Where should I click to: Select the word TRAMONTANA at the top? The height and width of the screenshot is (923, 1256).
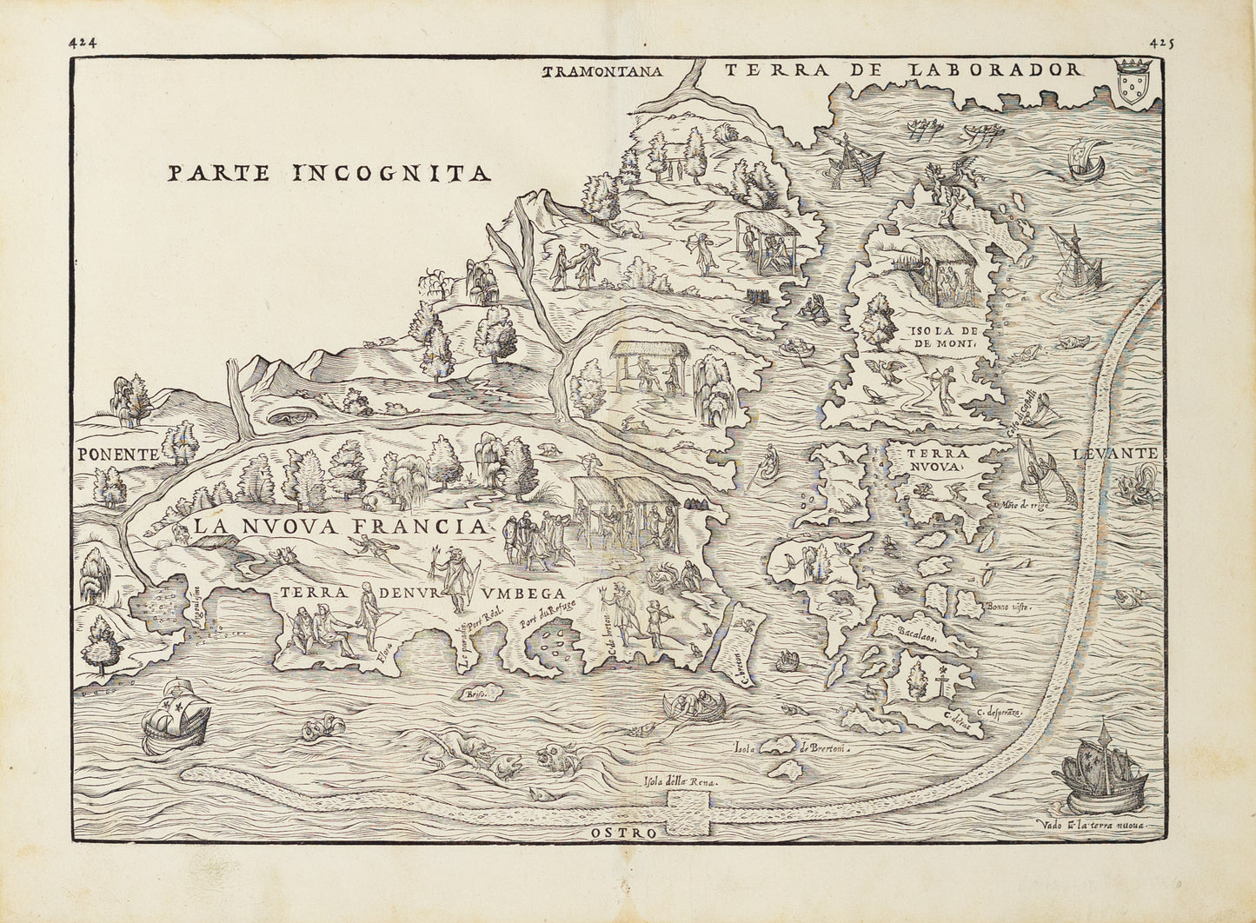(x=602, y=73)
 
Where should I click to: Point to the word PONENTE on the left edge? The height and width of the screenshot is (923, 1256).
(x=117, y=454)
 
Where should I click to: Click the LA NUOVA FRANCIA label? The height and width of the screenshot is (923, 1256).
(x=339, y=527)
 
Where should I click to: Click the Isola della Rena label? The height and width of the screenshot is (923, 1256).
(x=681, y=782)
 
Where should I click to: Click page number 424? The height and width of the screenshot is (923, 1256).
(x=85, y=42)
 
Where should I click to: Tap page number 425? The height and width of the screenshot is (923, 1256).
(x=1160, y=42)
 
